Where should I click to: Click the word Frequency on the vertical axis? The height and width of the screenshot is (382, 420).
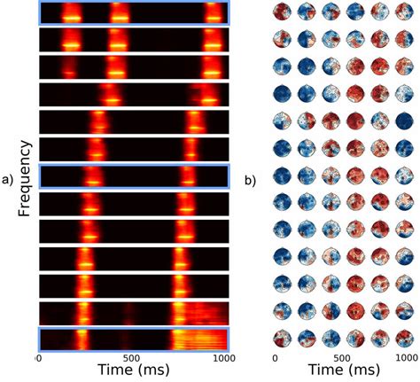25,177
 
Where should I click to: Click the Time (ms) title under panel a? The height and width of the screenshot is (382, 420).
133,370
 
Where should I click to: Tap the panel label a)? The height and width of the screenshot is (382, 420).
12,180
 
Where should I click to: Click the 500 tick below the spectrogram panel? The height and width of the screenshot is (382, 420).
130,357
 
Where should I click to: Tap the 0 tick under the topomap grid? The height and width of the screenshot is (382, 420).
276,357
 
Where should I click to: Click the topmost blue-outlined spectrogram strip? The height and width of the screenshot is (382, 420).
134,12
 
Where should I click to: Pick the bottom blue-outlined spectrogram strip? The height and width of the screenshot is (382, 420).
134,339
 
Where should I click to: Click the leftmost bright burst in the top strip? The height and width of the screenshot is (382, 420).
71,14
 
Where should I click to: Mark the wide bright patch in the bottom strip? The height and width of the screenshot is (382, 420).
200,339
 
